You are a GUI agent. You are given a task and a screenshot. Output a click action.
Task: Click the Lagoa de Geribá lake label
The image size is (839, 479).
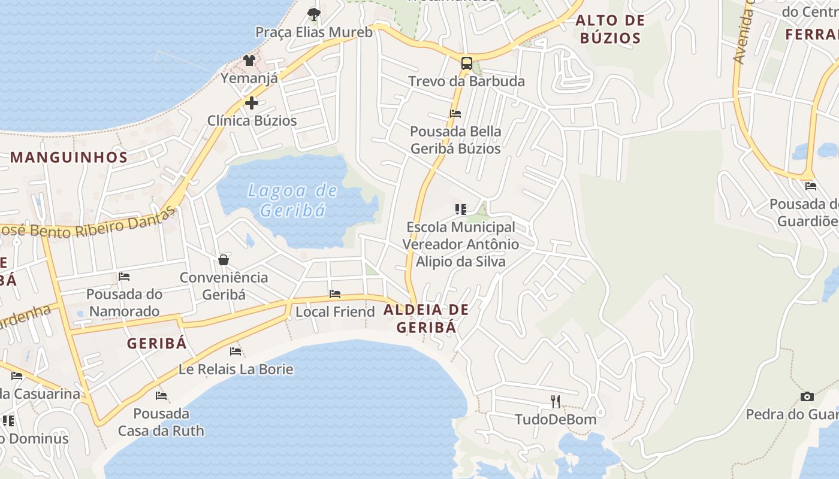(293, 201)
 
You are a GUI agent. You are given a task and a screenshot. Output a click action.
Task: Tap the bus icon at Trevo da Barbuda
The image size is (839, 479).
(466, 63)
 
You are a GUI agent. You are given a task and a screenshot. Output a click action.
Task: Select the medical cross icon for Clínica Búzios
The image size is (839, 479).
(252, 103)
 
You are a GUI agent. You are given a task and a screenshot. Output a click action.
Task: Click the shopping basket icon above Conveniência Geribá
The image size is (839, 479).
(224, 260)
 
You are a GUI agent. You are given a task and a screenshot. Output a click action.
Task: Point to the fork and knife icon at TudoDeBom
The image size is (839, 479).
(556, 401)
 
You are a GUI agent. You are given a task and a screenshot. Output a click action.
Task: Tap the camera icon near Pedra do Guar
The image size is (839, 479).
(807, 396)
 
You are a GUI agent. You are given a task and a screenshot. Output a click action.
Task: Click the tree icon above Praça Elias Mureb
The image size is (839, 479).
(313, 14)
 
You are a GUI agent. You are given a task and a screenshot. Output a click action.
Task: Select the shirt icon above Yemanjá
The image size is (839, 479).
(249, 60)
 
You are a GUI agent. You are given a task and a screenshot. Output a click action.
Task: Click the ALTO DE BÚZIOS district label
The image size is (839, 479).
(610, 29)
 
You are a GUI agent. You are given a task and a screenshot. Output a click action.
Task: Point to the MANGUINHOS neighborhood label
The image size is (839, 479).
(69, 157)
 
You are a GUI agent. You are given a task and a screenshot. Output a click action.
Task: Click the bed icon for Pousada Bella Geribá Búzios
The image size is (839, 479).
(455, 113)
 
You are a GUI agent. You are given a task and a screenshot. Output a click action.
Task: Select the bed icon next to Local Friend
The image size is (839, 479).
(335, 294)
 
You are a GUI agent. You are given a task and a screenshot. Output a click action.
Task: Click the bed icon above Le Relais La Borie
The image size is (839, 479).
(236, 351)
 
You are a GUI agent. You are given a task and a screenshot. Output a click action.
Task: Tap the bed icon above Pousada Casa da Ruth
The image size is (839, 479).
(161, 395)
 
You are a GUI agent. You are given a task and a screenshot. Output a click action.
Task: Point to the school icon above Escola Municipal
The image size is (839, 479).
(460, 210)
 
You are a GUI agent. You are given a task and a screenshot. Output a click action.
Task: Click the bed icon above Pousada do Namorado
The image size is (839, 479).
(124, 277)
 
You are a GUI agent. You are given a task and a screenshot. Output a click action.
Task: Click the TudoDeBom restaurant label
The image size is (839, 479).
(556, 419)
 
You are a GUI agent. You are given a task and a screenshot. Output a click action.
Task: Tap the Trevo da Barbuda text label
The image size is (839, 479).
(466, 81)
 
